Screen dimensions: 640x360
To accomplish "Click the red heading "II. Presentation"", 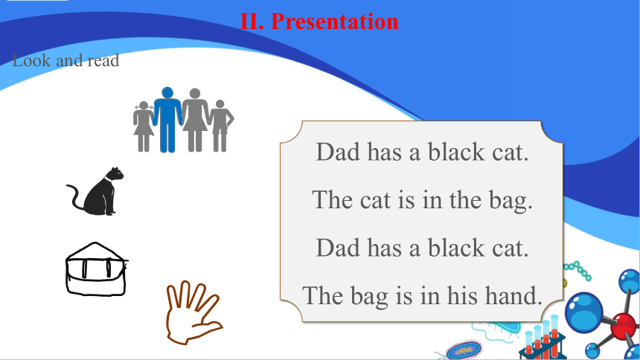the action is pos(319,22).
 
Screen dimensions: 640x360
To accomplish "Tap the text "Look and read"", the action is pos(65,61).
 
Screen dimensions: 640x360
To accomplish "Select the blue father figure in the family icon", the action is pos(167,120).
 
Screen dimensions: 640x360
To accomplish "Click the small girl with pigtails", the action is pos(144,126).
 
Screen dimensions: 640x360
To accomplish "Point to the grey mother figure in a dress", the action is pos(195,120).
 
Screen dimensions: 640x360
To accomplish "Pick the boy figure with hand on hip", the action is pos(221,126).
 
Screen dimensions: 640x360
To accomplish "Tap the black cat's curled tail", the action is pos(75,197).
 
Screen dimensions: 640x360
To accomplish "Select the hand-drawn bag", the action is pos(96,269).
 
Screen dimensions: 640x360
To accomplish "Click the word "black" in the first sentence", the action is pos(456,152).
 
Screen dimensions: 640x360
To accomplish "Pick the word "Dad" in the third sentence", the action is pos(338,248).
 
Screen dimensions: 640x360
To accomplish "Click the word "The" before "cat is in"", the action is pos(333,200).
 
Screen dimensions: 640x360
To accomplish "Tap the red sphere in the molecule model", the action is pos(623,326).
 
